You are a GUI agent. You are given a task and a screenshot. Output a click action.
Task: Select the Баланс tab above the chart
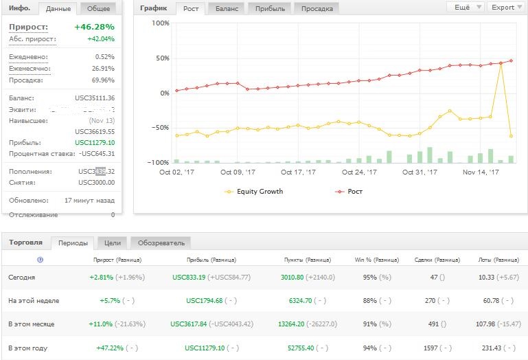coord(227,9)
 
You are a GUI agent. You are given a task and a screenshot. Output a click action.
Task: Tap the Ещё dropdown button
coord(463,8)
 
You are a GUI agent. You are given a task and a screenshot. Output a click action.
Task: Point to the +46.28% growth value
coord(94,27)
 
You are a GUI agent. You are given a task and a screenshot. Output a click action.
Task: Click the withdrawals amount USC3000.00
coord(97,183)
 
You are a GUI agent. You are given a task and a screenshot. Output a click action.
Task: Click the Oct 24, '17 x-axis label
coord(359,172)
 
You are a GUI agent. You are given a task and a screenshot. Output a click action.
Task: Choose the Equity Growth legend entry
coord(260,192)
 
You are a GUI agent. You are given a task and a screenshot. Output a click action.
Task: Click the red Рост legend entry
coord(355,192)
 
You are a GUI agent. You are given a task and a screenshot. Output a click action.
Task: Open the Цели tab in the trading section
coord(113,243)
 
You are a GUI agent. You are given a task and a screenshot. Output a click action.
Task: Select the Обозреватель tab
coord(161,243)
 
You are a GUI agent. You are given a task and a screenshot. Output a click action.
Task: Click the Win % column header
coord(376,260)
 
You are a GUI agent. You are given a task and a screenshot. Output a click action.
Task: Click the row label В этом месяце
coord(31,324)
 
